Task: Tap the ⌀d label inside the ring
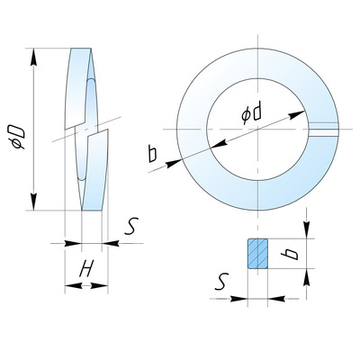pyautogui.click(x=251, y=114)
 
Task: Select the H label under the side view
pyautogui.click(x=86, y=268)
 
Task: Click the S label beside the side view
pyautogui.click(x=131, y=227)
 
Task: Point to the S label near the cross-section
pyautogui.click(x=221, y=282)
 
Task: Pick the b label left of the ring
pyautogui.click(x=152, y=153)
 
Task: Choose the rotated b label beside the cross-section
pyautogui.click(x=290, y=254)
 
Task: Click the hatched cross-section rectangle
pyautogui.click(x=257, y=254)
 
